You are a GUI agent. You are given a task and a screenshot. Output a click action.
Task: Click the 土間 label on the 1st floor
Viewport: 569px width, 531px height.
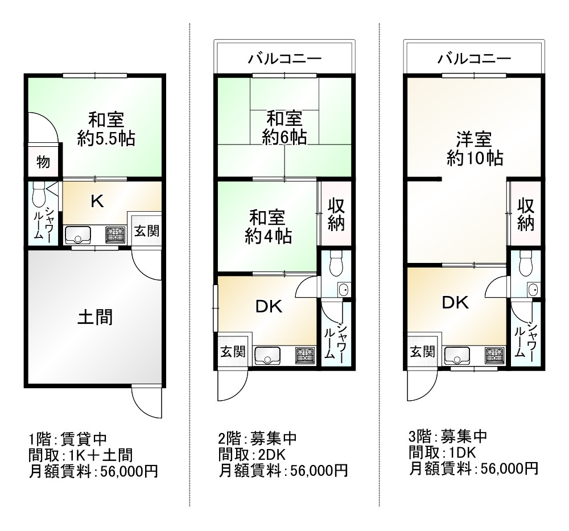(95, 317)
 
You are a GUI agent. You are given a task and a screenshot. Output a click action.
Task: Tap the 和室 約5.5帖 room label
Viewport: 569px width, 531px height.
(106, 130)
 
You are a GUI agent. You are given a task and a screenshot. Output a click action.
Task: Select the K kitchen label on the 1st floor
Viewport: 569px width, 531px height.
(97, 201)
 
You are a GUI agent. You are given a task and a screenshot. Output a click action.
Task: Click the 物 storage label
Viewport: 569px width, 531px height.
(43, 162)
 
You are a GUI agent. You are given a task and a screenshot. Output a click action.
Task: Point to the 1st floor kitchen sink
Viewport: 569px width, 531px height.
(77, 234)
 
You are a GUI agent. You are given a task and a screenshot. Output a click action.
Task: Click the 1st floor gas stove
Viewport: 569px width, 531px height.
(115, 234)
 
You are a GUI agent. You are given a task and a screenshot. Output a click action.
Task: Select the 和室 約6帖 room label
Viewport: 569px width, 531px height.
(284, 128)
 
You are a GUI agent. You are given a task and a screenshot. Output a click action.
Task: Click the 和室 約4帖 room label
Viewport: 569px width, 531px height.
(267, 227)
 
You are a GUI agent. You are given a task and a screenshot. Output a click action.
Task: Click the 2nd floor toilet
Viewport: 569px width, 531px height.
(336, 262)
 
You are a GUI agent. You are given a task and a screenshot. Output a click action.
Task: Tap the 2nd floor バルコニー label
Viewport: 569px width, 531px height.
(284, 59)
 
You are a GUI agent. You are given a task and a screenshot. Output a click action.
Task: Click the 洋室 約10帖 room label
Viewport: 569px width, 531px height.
(475, 148)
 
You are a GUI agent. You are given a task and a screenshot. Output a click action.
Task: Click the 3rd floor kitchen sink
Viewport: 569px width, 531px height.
(456, 355)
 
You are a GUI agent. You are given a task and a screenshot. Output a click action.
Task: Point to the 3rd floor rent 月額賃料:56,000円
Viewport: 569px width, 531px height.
(473, 468)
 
